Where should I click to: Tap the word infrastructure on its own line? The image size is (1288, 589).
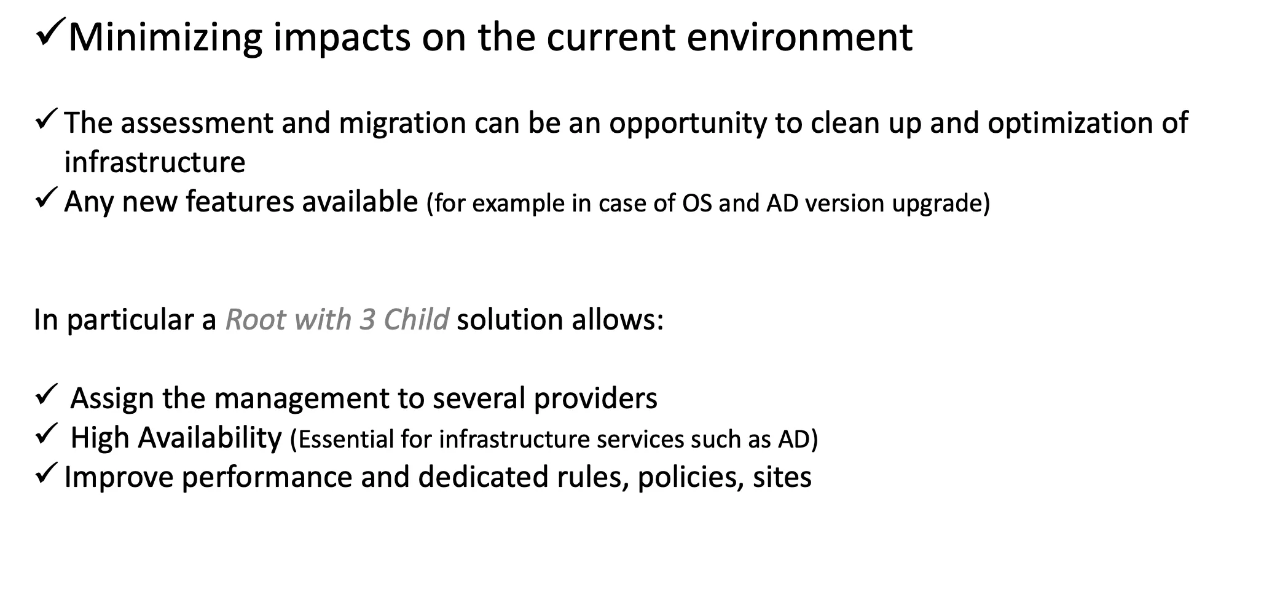pos(155,162)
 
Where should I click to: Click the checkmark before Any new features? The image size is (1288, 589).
pos(47,198)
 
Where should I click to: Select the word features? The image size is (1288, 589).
pos(240,202)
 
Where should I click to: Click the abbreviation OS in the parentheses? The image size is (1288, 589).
pos(697,204)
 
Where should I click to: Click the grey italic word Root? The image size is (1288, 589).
pos(256,320)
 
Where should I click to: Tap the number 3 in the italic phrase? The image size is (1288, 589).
pos(367,320)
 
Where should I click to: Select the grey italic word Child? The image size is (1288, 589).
pos(416,320)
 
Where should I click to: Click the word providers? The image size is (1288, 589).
pos(595,399)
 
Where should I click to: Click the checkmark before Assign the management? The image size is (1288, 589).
pos(47,394)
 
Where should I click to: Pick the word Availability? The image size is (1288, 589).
pos(210,438)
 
